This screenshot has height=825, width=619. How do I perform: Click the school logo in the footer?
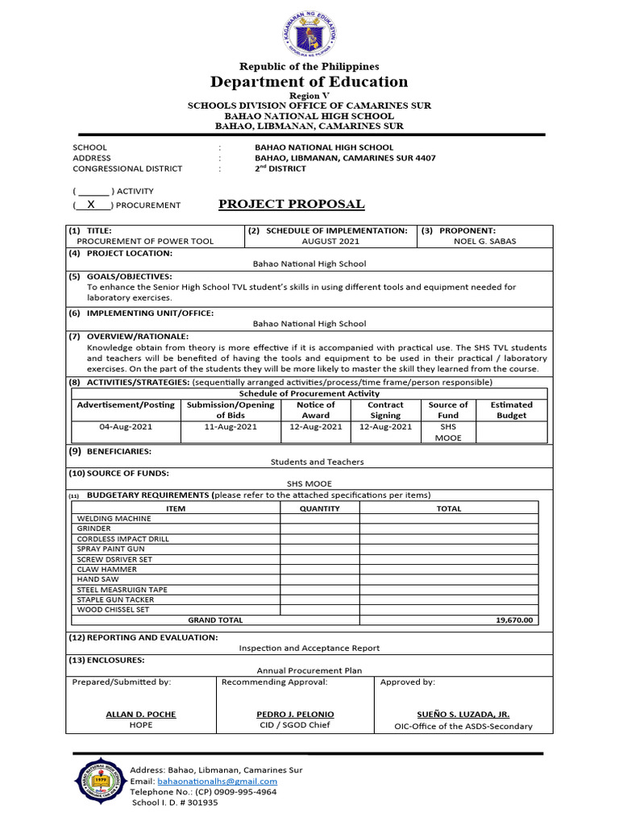pos(99,781)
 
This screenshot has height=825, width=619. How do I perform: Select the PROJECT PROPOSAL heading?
pos(292,204)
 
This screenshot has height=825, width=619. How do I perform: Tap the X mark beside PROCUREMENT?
pos(92,205)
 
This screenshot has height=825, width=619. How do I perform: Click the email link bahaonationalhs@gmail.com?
pos(217,781)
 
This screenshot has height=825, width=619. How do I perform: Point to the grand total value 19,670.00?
pos(513,620)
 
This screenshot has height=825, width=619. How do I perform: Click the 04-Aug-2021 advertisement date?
pos(126,427)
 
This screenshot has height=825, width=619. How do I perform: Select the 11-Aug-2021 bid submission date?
pos(231,427)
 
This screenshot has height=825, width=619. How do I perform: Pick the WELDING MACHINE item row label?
pos(114,519)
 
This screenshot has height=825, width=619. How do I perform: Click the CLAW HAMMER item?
pos(106,569)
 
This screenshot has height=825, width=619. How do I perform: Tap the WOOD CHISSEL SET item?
pos(113,610)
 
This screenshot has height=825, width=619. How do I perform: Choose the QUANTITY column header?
pos(319,508)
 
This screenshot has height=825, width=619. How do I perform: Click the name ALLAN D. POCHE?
pos(141,714)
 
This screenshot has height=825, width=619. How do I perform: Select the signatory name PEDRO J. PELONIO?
pos(295,714)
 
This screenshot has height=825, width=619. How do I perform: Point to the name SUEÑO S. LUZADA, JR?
pos(463,714)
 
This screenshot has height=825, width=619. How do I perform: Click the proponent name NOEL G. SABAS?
pos(484,241)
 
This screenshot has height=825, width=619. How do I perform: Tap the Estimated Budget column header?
pos(511,410)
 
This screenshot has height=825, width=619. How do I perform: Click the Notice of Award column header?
pos(315,410)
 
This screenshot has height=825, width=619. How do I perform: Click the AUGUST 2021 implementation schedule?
pos(330,241)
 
